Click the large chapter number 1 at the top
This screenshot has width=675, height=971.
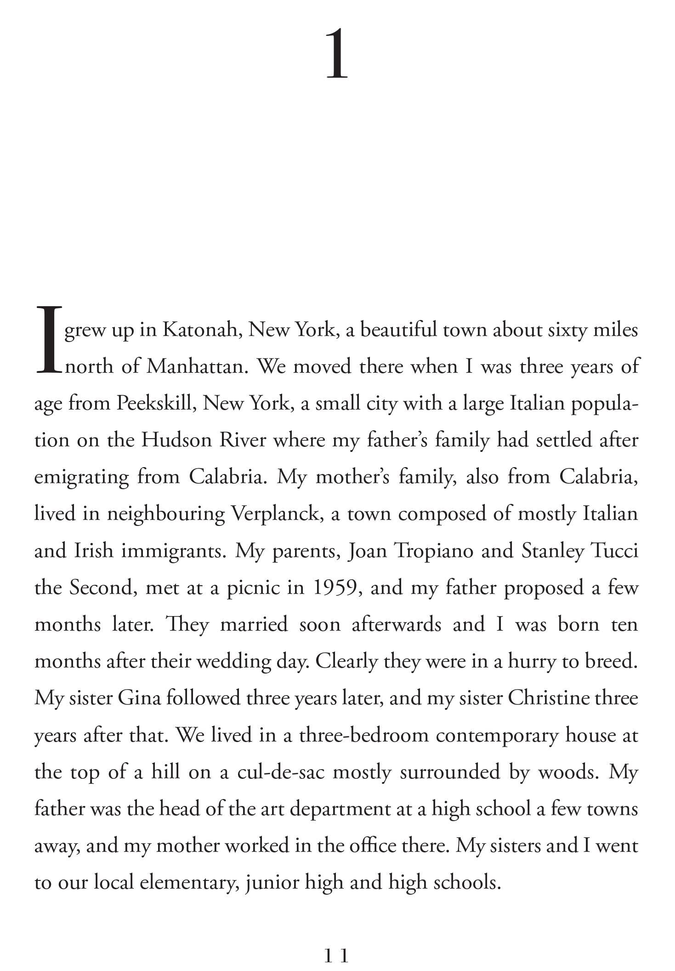coord(337,54)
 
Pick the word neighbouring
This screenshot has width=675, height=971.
coord(166,514)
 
